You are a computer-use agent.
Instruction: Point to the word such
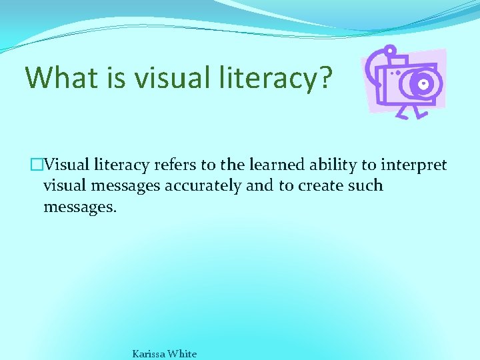tap(365, 185)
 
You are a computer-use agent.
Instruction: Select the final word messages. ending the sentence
tap(79, 207)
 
